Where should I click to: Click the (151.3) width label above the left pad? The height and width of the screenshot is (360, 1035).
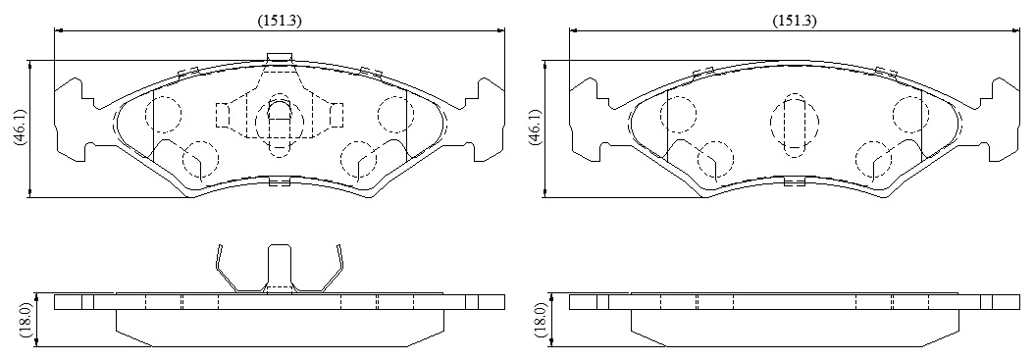(x=280, y=21)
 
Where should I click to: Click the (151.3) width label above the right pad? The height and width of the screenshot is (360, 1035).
(x=795, y=21)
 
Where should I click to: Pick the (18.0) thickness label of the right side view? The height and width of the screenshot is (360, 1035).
(x=540, y=321)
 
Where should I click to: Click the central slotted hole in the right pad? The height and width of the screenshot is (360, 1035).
(x=794, y=125)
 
